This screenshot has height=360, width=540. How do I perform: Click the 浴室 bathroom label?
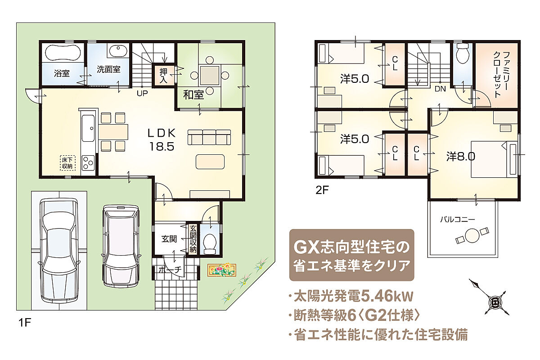coord(62,73)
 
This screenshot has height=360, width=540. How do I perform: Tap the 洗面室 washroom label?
coord(108,69)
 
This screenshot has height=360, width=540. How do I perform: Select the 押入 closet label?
coord(163,76)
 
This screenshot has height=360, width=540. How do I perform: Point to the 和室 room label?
coord(193,95)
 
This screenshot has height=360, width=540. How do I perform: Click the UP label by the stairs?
coord(142,93)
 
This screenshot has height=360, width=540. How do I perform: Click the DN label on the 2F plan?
coord(440,89)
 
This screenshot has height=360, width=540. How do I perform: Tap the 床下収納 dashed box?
coord(67,163)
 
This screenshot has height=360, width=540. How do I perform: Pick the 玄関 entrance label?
coord(169,239)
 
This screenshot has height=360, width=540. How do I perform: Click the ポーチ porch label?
coord(170,270)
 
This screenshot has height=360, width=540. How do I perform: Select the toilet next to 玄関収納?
coord(210,244)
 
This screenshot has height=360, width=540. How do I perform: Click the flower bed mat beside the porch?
coord(222,270)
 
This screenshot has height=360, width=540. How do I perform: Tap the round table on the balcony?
coord(472,235)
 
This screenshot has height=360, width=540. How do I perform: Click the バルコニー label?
coord(458,220)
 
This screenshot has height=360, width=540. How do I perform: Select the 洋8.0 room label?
coord(461,157)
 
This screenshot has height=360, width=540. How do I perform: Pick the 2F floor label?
coord(322,190)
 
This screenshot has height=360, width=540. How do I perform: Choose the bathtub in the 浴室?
coord(63,53)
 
